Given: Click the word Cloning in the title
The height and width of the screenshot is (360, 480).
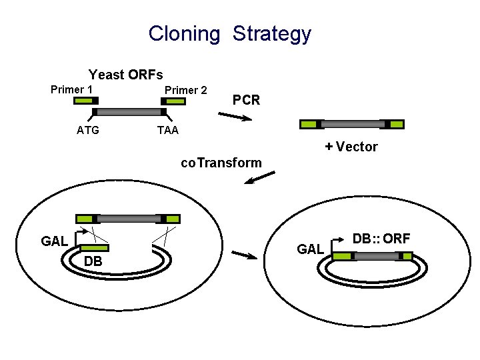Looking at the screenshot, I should pyautogui.click(x=184, y=33).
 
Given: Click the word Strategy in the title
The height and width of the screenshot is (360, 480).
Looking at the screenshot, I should pyautogui.click(x=272, y=34).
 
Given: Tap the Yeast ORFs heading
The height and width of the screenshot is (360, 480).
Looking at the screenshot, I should pyautogui.click(x=126, y=74).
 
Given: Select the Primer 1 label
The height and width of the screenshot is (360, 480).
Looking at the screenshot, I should pyautogui.click(x=71, y=89).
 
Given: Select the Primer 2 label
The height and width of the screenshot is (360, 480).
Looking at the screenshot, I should pyautogui.click(x=185, y=90).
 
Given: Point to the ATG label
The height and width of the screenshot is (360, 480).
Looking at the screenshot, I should pyautogui.click(x=88, y=130).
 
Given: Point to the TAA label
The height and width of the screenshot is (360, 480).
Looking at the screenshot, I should pyautogui.click(x=167, y=130).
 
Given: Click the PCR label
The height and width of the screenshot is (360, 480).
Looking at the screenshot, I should pyautogui.click(x=246, y=101).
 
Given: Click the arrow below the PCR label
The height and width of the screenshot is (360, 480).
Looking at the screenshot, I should pyautogui.click(x=235, y=117).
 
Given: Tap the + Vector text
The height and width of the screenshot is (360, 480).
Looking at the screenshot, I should pyautogui.click(x=351, y=147).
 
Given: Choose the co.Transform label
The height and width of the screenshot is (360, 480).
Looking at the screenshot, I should pyautogui.click(x=221, y=163).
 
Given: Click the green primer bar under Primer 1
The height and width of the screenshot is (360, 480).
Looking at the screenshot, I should pyautogui.click(x=85, y=101).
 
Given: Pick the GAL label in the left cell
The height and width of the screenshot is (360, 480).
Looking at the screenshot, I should pyautogui.click(x=54, y=241).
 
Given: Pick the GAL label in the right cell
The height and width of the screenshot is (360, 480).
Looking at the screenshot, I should pyautogui.click(x=310, y=249).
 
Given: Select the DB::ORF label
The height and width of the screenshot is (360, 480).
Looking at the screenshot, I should pyautogui.click(x=381, y=238).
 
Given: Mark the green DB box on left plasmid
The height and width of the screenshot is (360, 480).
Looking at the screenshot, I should pyautogui.click(x=94, y=248).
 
